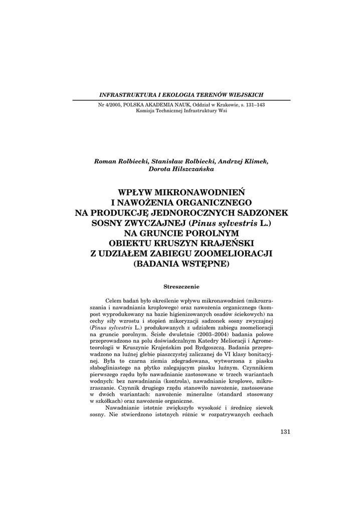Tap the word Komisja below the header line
point(146,111)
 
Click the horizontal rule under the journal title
point(181,100)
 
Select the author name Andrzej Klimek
point(245,161)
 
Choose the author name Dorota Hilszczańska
point(181,169)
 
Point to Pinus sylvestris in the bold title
point(228,222)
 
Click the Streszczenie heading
point(181,287)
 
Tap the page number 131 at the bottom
point(285,432)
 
